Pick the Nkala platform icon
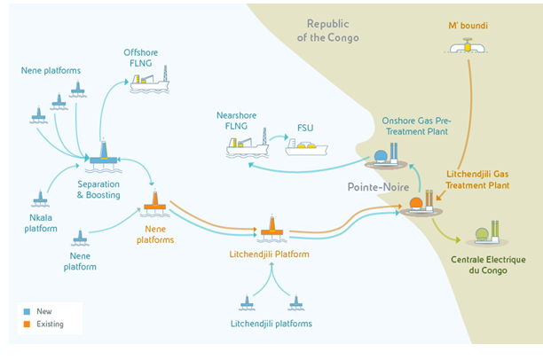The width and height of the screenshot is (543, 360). click(x=39, y=196)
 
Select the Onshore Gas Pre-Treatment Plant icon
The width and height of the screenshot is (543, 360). click(x=384, y=159)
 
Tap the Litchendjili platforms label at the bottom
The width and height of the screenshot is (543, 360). click(x=271, y=324)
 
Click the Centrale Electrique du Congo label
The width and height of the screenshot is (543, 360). click(x=483, y=265)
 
